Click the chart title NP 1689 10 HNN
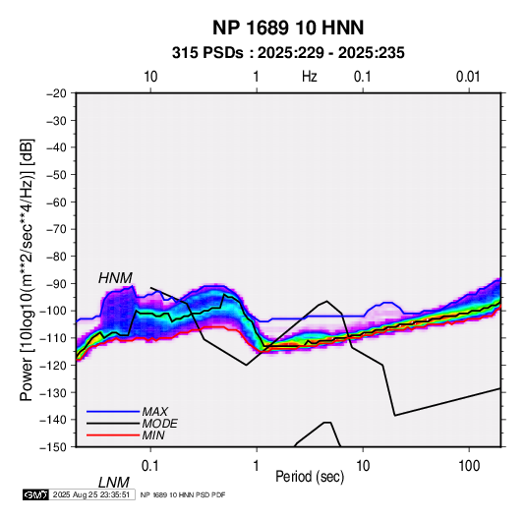click(288, 28)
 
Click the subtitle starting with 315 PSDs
click(288, 53)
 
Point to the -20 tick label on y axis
click(56, 93)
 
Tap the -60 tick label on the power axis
click(56, 202)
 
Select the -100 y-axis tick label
click(53, 311)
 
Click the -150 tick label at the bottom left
click(53, 447)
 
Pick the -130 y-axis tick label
click(53, 392)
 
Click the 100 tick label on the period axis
click(469, 466)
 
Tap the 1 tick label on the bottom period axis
click(257, 466)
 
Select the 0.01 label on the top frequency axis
click(468, 77)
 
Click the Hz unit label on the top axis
click(310, 77)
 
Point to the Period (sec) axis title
click(310, 477)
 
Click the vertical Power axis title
click(28, 269)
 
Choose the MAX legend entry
click(155, 411)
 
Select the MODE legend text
click(159, 424)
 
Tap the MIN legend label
click(153, 435)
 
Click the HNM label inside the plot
click(115, 278)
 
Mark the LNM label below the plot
click(114, 483)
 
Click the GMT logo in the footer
click(36, 494)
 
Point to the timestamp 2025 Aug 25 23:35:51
click(91, 494)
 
